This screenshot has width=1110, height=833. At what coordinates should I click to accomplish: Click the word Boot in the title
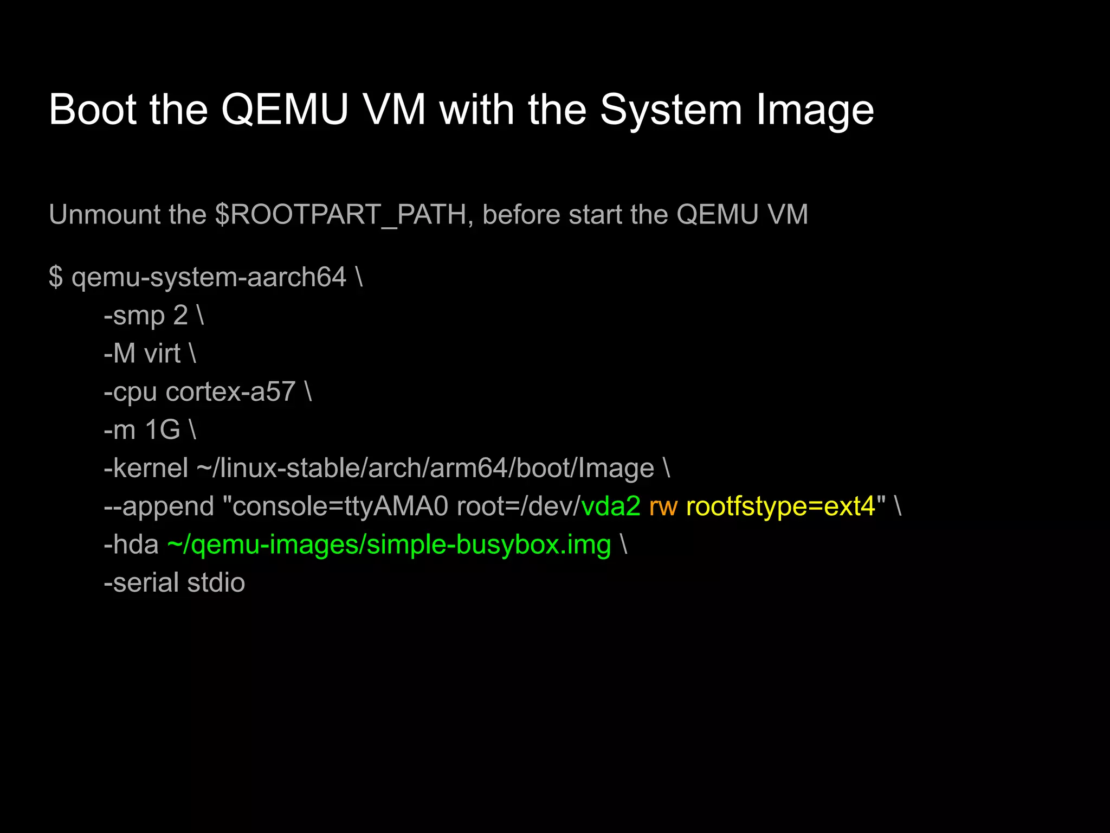pyautogui.click(x=92, y=110)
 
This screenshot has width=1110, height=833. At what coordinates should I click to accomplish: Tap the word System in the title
pyautogui.click(x=670, y=110)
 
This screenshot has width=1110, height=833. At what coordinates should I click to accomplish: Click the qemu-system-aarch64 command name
pyautogui.click(x=209, y=277)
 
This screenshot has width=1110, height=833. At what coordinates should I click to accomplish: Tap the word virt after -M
pyautogui.click(x=162, y=354)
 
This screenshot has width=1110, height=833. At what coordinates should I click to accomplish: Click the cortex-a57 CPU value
pyautogui.click(x=230, y=392)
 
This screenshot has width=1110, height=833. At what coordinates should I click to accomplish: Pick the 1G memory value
pyautogui.click(x=162, y=430)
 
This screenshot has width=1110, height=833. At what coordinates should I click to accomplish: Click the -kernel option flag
pyautogui.click(x=146, y=468)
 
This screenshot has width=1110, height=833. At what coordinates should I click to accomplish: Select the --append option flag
pyautogui.click(x=159, y=507)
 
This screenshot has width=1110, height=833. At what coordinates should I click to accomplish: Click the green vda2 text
pyautogui.click(x=611, y=507)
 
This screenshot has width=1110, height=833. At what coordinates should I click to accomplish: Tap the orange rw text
pyautogui.click(x=663, y=507)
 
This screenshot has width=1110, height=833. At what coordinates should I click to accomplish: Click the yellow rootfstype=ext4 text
pyautogui.click(x=780, y=507)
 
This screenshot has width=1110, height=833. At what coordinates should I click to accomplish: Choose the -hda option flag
pyautogui.click(x=131, y=544)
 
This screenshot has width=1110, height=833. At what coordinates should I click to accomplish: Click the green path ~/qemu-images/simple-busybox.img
pyautogui.click(x=389, y=545)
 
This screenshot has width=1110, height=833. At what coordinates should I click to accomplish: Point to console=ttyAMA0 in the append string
pyautogui.click(x=340, y=507)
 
